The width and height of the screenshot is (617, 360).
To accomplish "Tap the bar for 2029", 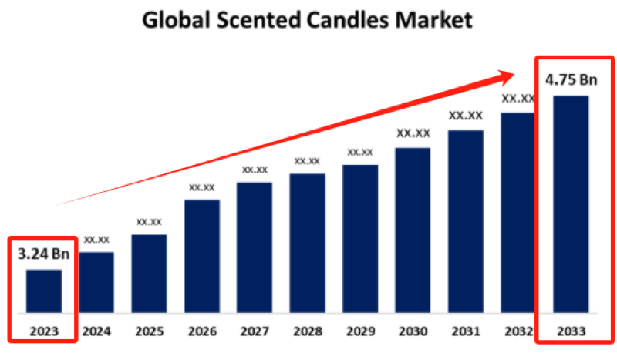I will (360, 241).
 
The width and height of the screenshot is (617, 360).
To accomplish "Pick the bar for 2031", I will (466, 223).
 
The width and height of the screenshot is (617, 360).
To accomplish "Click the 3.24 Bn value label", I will (43, 253).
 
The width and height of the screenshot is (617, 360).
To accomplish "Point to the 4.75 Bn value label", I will (571, 79).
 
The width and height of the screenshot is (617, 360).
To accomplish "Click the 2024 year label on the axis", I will (96, 331).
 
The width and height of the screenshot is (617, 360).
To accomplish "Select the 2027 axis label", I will (255, 331).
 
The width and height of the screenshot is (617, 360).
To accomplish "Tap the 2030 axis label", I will (413, 331).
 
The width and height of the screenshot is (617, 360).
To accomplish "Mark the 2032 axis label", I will (518, 331).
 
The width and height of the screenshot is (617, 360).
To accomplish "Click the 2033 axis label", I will (571, 331).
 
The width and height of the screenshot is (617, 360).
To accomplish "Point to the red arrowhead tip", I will (512, 73).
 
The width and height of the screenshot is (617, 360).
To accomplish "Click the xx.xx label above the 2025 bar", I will (149, 222).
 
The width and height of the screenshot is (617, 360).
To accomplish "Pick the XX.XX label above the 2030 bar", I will (413, 133).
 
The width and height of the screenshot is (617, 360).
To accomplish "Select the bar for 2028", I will (308, 244).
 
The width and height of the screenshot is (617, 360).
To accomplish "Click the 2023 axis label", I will (43, 331).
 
